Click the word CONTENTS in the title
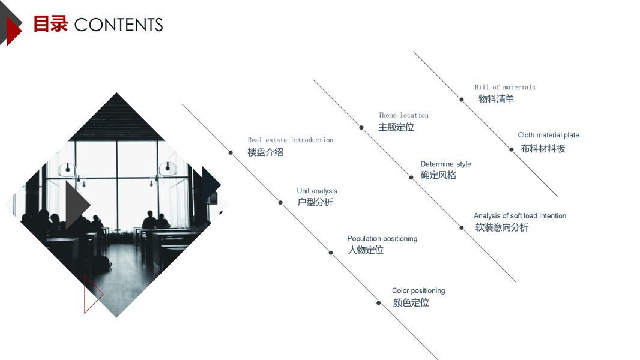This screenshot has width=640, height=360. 118,25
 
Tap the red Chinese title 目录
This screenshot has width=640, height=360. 50,24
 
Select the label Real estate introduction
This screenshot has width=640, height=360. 291,140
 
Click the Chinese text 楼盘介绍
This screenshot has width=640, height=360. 265,152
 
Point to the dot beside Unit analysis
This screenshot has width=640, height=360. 280,202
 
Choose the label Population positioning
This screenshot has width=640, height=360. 382,239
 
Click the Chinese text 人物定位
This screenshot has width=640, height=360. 366,250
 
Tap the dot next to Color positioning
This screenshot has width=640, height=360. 378,302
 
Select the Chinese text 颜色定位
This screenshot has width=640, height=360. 411,303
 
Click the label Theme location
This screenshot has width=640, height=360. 403,115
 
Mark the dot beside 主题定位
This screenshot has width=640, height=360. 361,127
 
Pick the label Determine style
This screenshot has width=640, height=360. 445,164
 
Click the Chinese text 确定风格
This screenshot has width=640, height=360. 438,175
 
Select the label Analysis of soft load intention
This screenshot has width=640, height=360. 519,216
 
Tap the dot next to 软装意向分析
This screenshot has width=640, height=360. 462,227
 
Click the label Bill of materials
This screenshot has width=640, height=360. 505,87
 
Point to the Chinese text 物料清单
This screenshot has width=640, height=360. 496,99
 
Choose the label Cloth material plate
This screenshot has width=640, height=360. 548,135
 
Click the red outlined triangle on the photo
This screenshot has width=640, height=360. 91,295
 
